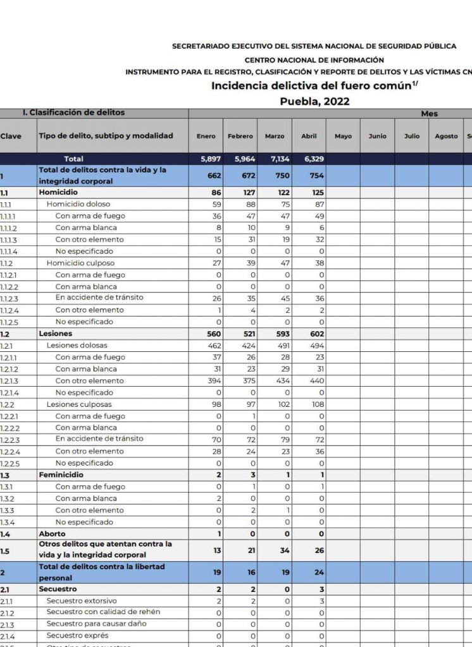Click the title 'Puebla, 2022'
coord(314,101)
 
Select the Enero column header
coord(206,136)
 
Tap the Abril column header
coord(309,136)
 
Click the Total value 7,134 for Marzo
coord(276,159)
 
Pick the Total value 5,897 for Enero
coord(210,159)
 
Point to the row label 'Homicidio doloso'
coord(78,204)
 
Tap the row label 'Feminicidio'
coord(61,475)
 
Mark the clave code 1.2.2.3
coord(9,439)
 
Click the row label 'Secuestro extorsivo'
coord(81,601)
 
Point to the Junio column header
coord(377,136)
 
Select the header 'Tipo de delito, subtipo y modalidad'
coord(106,136)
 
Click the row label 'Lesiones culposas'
coord(78,404)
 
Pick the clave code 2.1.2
coord(8,612)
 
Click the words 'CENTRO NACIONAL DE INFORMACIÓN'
coord(314,60)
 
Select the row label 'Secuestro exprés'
coord(77,636)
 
